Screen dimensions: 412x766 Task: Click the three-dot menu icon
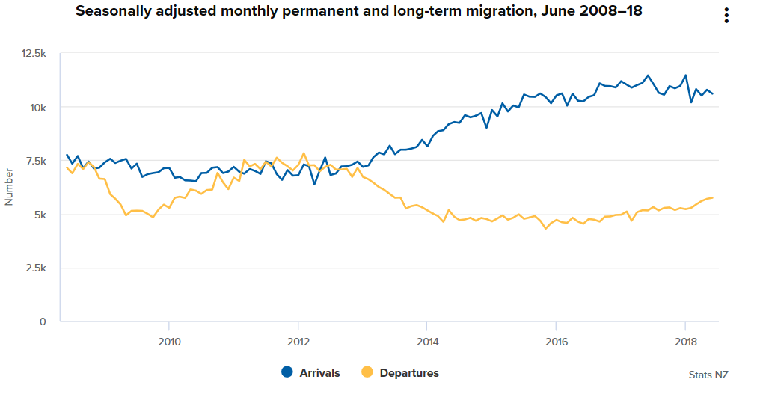[726, 16]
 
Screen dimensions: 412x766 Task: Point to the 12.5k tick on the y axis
[34, 54]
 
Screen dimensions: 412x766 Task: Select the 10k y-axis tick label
[37, 108]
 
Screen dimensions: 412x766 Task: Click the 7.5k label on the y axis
[35, 162]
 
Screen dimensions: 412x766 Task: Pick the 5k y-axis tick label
[39, 215]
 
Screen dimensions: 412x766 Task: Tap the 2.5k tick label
[35, 268]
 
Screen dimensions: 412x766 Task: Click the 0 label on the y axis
[43, 322]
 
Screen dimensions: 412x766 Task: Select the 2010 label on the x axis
[169, 342]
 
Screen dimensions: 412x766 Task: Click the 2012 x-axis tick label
[298, 342]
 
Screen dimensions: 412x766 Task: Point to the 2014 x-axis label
[426, 342]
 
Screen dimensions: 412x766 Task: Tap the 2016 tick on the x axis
[556, 342]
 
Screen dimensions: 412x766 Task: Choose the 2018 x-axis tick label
[685, 342]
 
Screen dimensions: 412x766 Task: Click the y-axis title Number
[10, 187]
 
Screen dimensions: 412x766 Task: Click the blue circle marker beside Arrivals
[287, 372]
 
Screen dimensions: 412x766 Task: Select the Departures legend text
[408, 372]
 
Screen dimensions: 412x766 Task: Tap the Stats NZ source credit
[708, 375]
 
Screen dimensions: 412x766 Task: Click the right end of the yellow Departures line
[713, 197]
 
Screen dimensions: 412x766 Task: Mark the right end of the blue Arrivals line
[713, 93]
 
